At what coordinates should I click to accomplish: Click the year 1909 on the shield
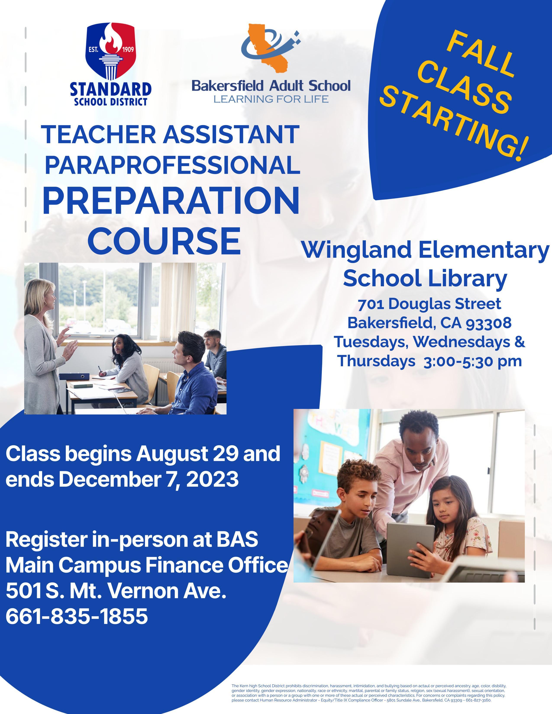(127, 50)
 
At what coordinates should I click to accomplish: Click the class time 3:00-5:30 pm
(473, 361)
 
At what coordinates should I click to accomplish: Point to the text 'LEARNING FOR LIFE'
(271, 98)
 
